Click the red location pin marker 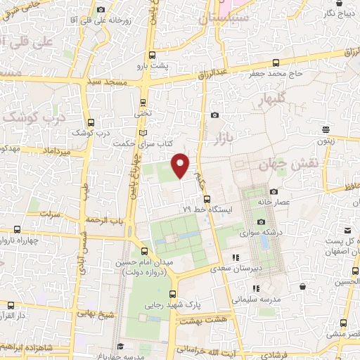coord(181,164)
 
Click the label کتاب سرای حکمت coord(144,143)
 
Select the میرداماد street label coord(56,152)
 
